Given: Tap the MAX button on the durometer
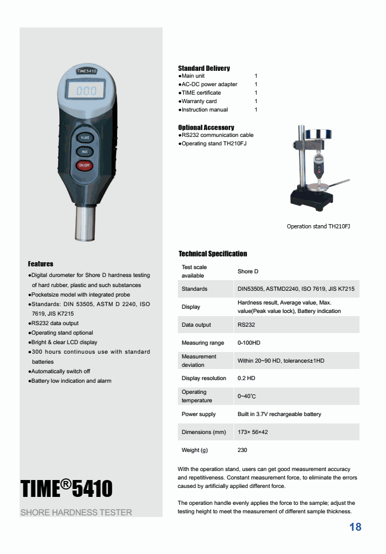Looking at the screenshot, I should [85, 152].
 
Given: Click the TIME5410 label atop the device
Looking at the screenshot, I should [86, 70].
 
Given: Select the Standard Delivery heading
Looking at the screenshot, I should [204, 68].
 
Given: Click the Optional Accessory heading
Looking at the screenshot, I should [206, 127].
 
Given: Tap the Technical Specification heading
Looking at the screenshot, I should [213, 254].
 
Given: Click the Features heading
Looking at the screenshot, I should [41, 264].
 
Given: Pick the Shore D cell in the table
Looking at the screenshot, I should [248, 271].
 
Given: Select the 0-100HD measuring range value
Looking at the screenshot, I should [249, 343].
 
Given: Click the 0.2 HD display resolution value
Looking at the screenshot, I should [246, 378].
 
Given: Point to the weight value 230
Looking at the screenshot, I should [243, 450].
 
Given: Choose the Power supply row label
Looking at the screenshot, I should [199, 414].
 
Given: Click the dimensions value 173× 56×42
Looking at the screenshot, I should [253, 432].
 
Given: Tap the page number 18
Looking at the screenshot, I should [355, 527].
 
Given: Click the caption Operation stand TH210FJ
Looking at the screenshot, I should [318, 226].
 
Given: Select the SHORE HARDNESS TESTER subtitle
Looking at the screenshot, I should [76, 512].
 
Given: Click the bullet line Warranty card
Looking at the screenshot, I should [199, 101].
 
